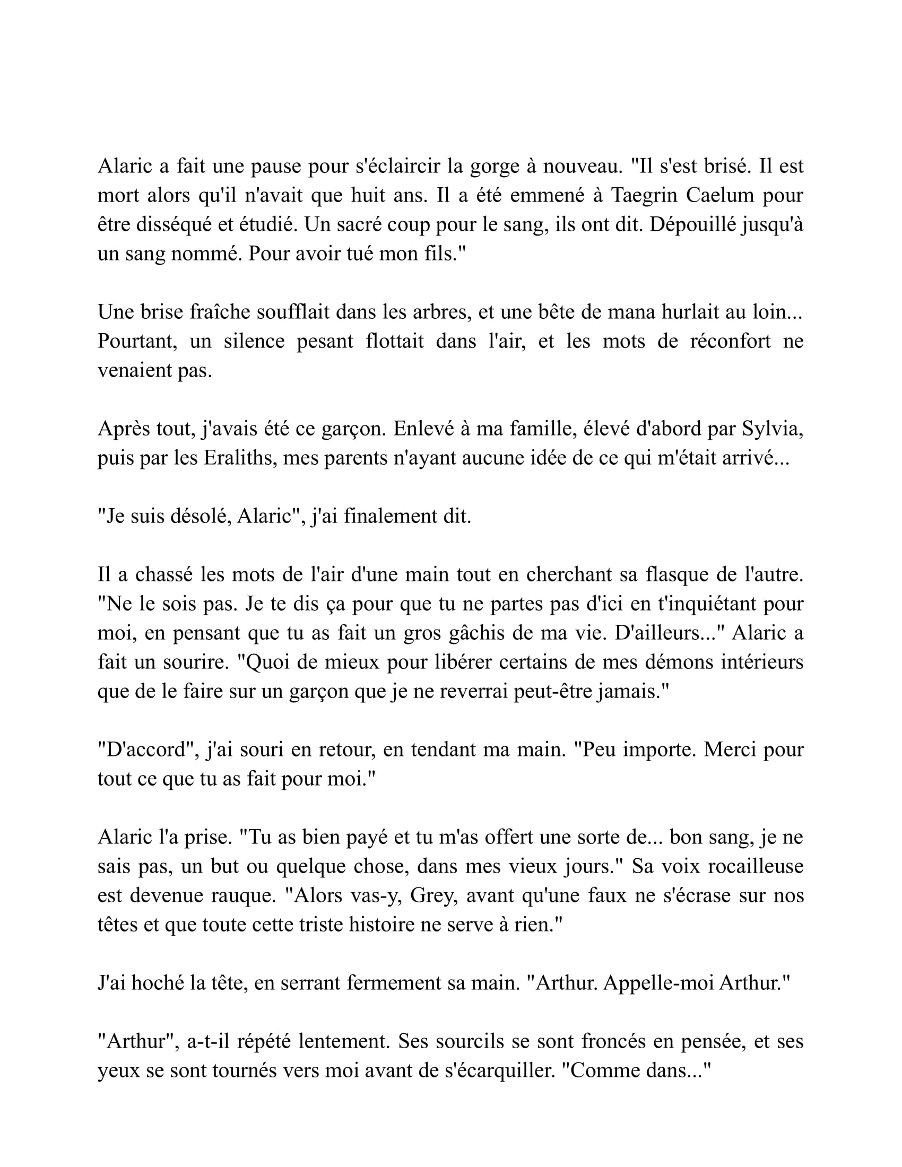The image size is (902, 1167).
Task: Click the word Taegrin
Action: coord(643,196)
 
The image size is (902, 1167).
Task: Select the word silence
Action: coord(254,341)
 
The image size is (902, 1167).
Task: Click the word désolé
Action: coord(201,517)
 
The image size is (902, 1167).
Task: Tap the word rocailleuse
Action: coord(756,866)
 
